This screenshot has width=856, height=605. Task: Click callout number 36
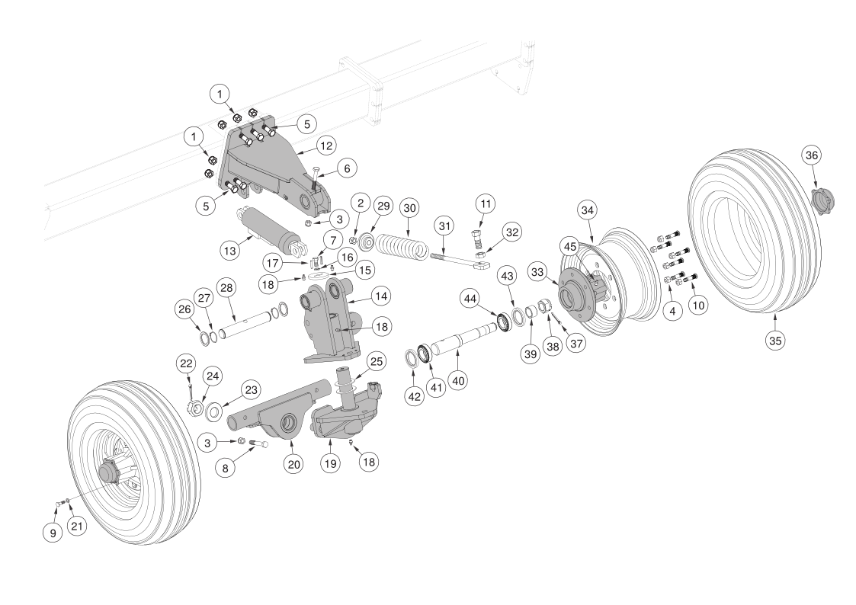(x=811, y=155)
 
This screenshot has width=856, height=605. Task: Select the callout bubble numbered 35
(x=774, y=341)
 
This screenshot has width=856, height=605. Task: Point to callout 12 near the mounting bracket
(x=325, y=145)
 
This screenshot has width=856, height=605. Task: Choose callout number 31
(x=444, y=226)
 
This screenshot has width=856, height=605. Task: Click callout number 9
(x=53, y=533)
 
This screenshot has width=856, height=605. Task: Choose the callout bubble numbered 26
(x=184, y=309)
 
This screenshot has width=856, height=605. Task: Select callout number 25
(x=376, y=360)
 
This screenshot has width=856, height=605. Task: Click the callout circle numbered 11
(x=486, y=203)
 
